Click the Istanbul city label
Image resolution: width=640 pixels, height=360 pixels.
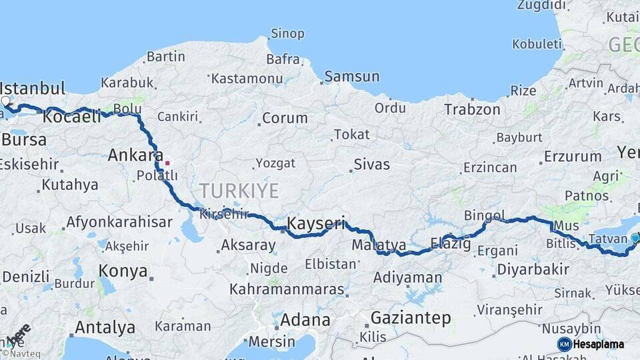point(33,89)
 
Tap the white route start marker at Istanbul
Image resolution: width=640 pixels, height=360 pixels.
point(6,101)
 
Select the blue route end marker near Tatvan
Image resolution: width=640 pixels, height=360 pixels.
point(635,238)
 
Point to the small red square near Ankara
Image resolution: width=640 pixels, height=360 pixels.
point(167,162)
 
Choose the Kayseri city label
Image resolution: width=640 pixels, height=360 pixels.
point(316,223)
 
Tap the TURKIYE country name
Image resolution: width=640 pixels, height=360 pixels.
point(238,191)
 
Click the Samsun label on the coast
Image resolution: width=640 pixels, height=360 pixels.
point(351,77)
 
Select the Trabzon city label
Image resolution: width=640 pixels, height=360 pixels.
point(472,109)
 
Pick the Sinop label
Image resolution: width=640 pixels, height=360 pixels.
point(287,33)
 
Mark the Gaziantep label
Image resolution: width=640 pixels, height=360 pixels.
point(411,317)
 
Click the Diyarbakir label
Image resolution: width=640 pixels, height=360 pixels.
point(532,269)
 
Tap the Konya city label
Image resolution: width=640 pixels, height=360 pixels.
point(123,271)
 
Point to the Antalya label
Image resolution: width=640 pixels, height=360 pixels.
point(105,327)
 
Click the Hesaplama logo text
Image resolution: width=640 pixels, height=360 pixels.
point(599,344)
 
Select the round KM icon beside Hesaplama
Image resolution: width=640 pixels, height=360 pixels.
point(565,344)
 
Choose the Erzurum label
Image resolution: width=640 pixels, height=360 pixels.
point(572,157)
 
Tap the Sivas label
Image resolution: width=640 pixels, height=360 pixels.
point(371,164)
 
